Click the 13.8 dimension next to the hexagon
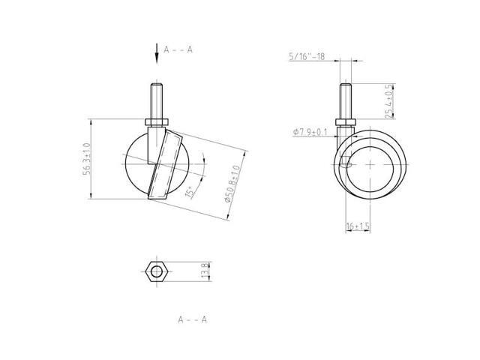(x=202, y=269)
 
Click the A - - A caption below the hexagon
(x=192, y=319)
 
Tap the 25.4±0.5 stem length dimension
(x=388, y=100)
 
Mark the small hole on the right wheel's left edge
(x=346, y=160)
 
